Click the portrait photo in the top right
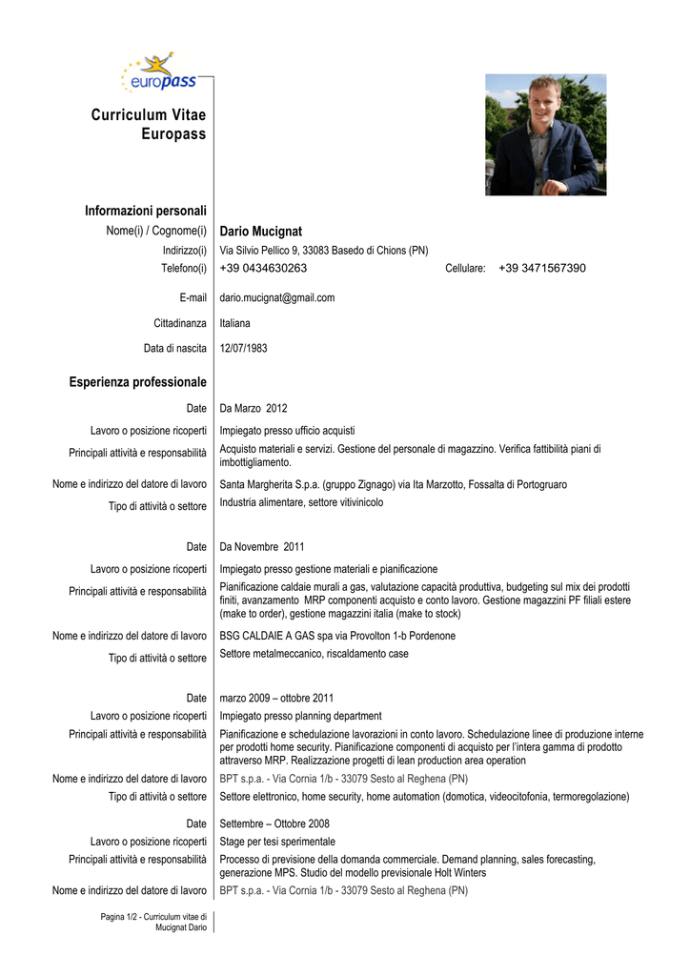point(545,134)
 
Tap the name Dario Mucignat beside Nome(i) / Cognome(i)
point(260,232)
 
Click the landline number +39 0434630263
point(263,269)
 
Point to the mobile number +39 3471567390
point(541,269)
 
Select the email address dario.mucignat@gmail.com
point(277,297)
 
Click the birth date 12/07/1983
point(244,349)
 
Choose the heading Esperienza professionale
point(137,382)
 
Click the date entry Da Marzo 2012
point(254,409)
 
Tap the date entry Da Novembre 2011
point(262,547)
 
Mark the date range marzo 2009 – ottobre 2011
point(276,698)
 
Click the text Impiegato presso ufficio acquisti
point(287,431)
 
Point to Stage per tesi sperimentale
point(277,842)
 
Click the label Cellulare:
point(466,269)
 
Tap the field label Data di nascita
point(175,349)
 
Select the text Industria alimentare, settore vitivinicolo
point(301,502)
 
